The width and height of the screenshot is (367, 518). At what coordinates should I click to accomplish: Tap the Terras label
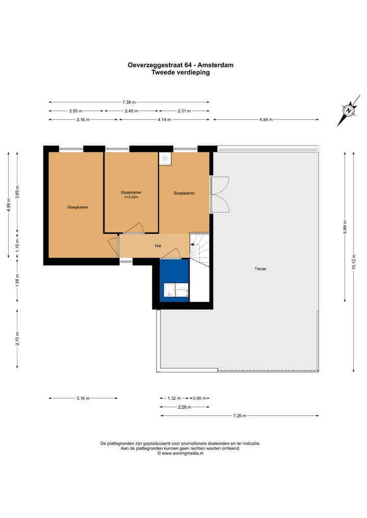pos(260,269)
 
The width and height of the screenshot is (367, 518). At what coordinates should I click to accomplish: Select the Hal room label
pos(158,246)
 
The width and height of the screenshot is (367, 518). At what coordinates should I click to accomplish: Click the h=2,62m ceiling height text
pos(132,197)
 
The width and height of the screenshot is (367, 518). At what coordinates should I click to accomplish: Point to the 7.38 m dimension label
pos(129,102)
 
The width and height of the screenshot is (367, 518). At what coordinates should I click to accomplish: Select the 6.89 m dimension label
pos(345,226)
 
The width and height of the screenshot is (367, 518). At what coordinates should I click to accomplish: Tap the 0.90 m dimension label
pos(200,398)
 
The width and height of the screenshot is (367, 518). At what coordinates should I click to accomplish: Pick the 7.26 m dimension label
pos(240,416)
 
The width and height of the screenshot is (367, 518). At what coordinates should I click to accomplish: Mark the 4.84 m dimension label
pos(266,120)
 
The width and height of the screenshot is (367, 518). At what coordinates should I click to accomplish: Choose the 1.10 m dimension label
pos(17,244)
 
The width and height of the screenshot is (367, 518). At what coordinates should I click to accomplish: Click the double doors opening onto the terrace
pos(220,195)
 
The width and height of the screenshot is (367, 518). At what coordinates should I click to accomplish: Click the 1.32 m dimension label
pos(175,398)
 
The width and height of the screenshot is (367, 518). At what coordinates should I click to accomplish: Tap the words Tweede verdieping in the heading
pos(180,72)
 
